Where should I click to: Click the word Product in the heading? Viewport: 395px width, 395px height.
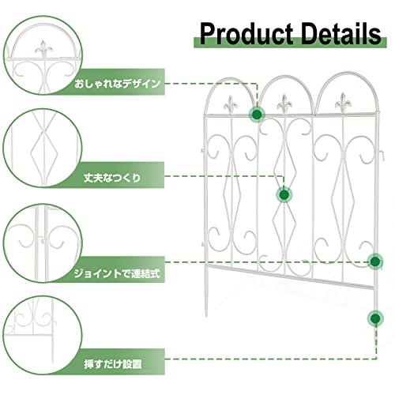point(246,34)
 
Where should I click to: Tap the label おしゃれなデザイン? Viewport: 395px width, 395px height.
point(118,84)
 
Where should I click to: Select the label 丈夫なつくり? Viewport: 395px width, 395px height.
point(112,178)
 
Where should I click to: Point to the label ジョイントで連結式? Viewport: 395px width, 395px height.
point(117,273)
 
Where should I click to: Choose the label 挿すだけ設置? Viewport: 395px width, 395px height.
point(113,364)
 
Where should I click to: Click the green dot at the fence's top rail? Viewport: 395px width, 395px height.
point(257,115)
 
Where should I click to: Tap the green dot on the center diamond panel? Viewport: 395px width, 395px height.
point(284,195)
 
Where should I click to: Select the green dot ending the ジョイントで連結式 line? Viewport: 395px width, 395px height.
point(375,261)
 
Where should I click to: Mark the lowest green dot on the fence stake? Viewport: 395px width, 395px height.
point(375,318)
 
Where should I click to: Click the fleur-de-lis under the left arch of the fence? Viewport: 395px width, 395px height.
point(231,105)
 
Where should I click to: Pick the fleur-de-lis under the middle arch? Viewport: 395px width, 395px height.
point(284,103)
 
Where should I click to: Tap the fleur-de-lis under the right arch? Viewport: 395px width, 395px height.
point(343,103)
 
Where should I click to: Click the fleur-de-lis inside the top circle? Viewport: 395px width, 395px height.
point(43,49)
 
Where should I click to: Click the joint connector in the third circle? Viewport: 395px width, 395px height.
point(42,240)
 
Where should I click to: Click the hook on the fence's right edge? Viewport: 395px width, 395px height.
point(382,156)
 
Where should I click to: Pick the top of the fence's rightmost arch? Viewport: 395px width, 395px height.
point(348,73)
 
